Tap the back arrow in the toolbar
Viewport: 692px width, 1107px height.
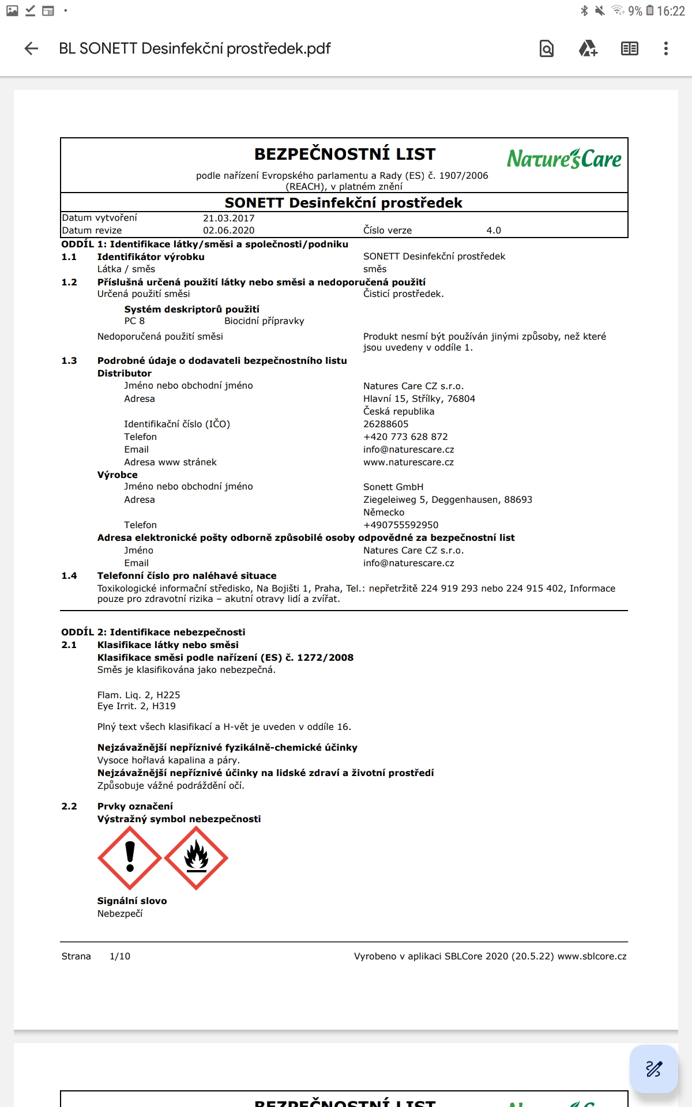tap(32, 48)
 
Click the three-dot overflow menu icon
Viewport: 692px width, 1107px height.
tap(665, 48)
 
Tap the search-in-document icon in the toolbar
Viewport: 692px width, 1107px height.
tap(547, 48)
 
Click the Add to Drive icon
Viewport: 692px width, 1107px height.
tap(588, 48)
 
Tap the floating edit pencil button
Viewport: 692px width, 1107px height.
tap(653, 1068)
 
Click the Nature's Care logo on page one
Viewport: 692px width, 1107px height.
tap(564, 159)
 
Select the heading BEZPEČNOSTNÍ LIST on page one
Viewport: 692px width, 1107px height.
tap(345, 155)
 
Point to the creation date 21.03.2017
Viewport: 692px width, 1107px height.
tap(228, 218)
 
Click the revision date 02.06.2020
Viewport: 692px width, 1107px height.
tap(228, 231)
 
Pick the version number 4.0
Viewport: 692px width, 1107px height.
tap(494, 231)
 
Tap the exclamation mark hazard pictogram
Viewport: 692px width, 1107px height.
tap(130, 858)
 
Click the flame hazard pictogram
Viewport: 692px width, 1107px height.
tap(196, 858)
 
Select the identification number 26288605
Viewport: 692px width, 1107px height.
tap(386, 424)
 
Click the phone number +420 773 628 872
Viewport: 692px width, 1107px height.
tap(405, 437)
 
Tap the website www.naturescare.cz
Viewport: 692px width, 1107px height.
tap(408, 462)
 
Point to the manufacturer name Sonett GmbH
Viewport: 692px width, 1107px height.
tap(393, 487)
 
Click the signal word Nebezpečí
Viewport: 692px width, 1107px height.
tap(120, 914)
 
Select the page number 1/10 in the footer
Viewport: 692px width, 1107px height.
tap(120, 957)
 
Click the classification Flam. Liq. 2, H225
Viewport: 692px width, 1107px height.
tap(139, 695)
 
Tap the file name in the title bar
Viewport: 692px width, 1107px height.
tap(195, 48)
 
